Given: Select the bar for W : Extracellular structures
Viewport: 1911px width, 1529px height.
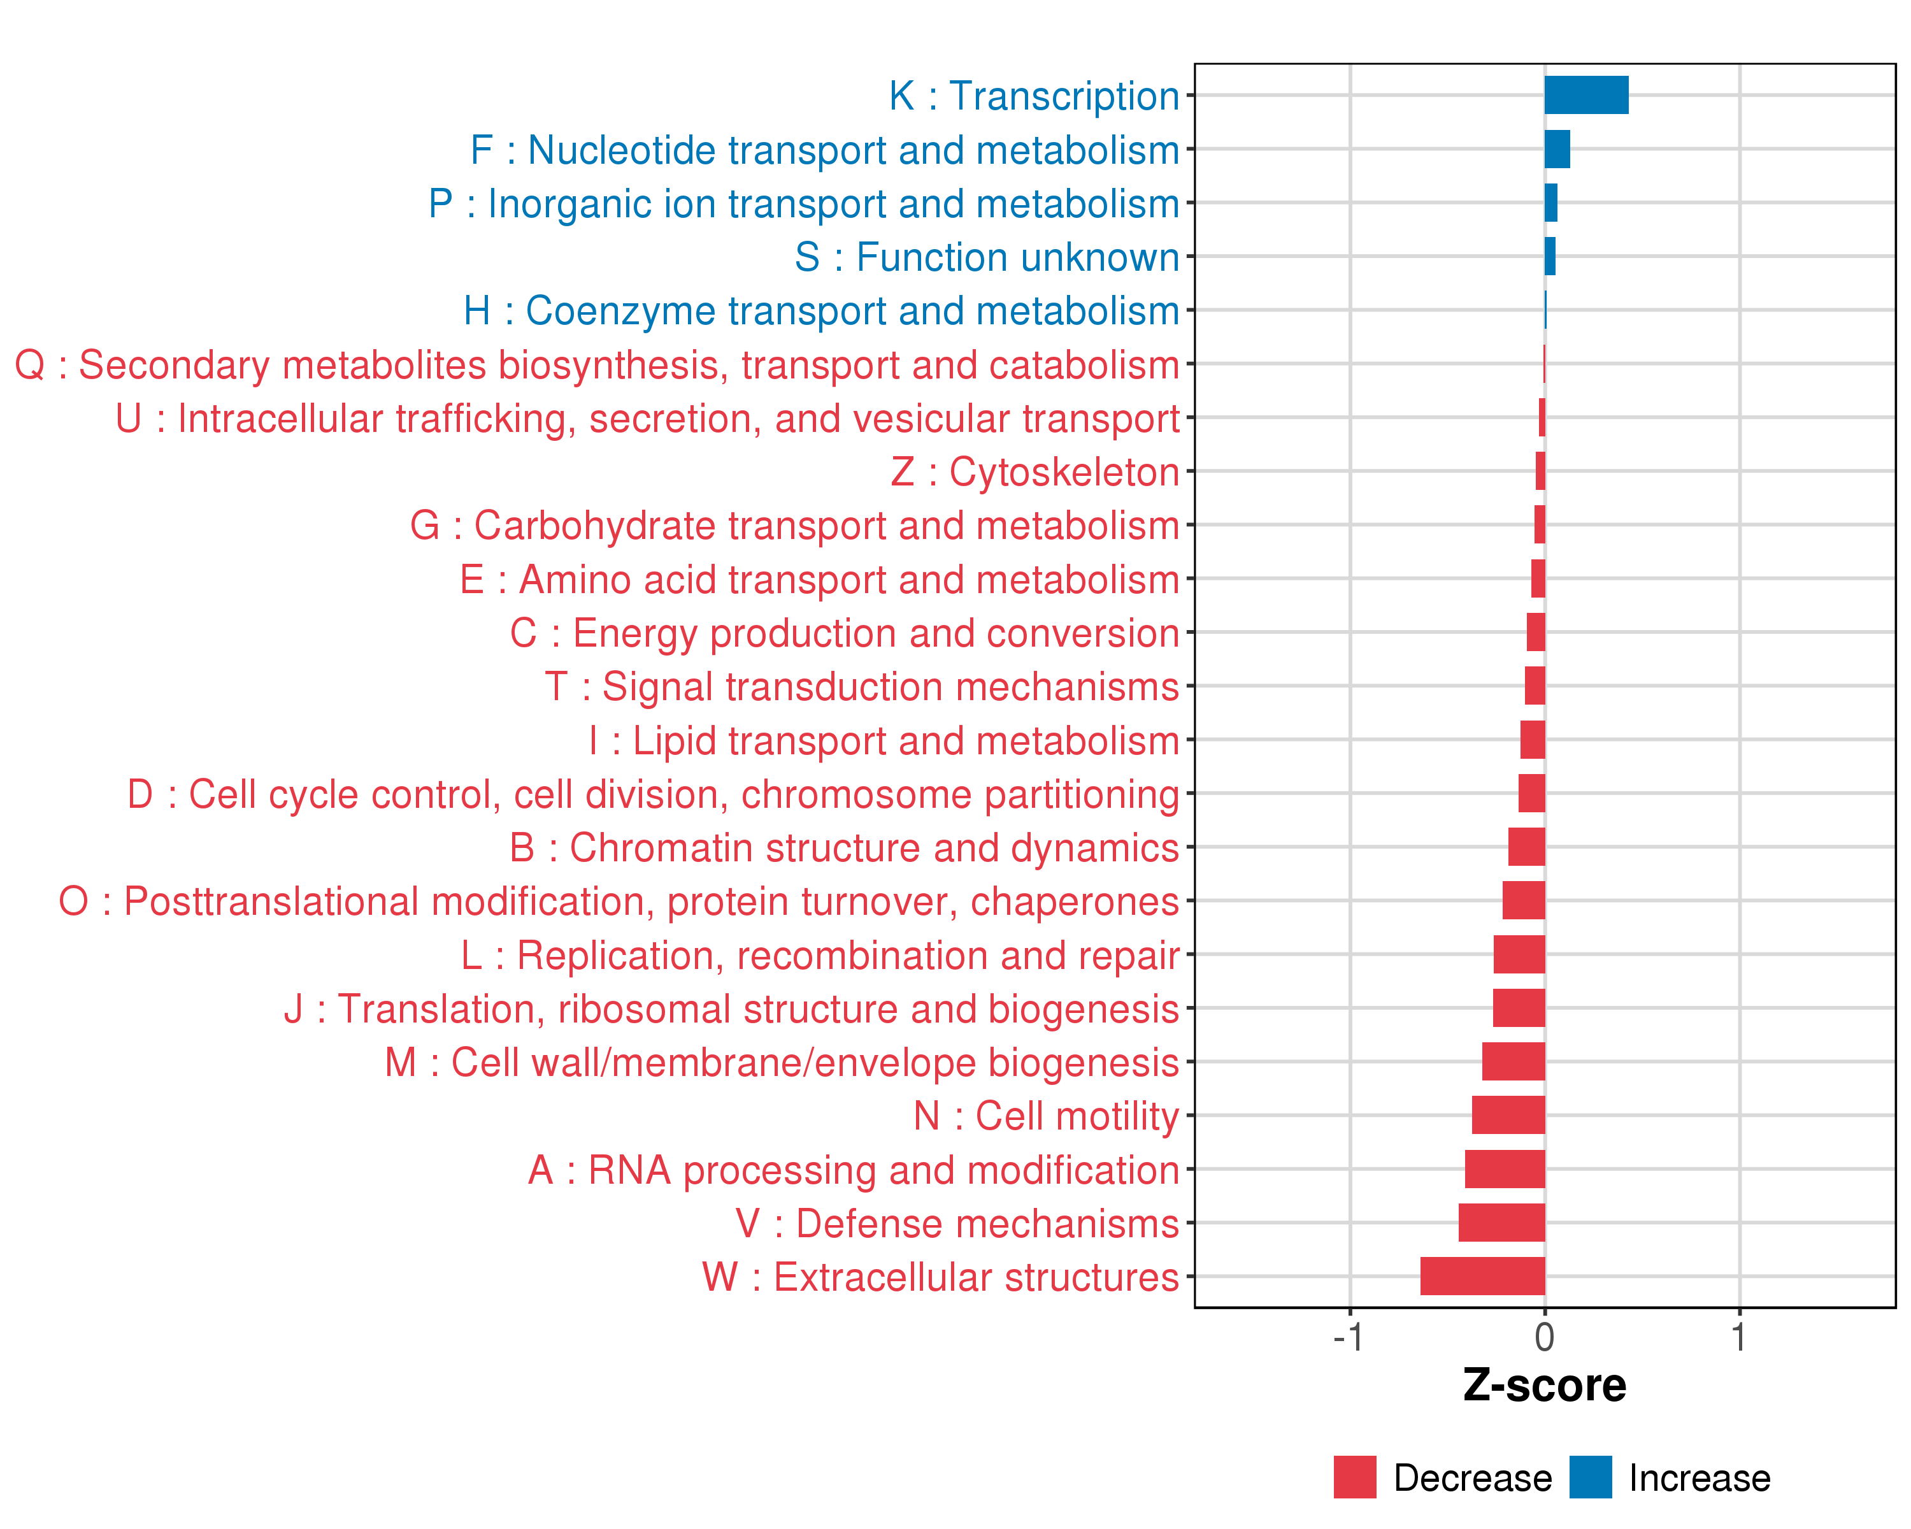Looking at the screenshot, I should tap(1482, 1275).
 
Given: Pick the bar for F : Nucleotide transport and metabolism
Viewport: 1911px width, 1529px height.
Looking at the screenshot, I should tap(1557, 149).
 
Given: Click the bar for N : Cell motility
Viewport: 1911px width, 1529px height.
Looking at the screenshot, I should tap(1508, 1115).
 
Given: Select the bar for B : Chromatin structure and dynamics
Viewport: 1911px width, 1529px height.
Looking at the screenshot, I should tap(1526, 847).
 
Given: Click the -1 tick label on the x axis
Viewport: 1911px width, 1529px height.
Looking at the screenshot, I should tap(1348, 1337).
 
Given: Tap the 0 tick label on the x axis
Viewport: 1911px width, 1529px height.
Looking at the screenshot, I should tap(1545, 1337).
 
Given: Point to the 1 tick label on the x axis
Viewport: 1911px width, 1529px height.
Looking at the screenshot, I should tap(1739, 1337).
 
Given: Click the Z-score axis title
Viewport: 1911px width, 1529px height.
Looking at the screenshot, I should tap(1544, 1386).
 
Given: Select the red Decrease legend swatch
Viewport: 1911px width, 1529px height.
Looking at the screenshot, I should tap(1354, 1477).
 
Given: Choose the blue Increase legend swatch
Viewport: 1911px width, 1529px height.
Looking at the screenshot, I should tap(1590, 1477).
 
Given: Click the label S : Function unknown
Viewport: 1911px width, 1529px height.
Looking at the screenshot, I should tap(987, 257).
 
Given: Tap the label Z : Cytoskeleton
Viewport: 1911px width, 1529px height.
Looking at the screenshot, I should tap(1035, 471).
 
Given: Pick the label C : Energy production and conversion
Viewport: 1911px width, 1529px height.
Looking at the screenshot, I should tap(845, 633).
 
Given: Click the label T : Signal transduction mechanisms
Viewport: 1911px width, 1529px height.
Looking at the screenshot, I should tap(862, 687).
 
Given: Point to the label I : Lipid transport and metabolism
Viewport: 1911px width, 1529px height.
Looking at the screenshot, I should tap(884, 740).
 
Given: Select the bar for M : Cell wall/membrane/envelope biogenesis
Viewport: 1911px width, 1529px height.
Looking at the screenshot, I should tap(1513, 1061).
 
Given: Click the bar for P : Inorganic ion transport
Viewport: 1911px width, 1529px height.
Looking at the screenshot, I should tap(1551, 203).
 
